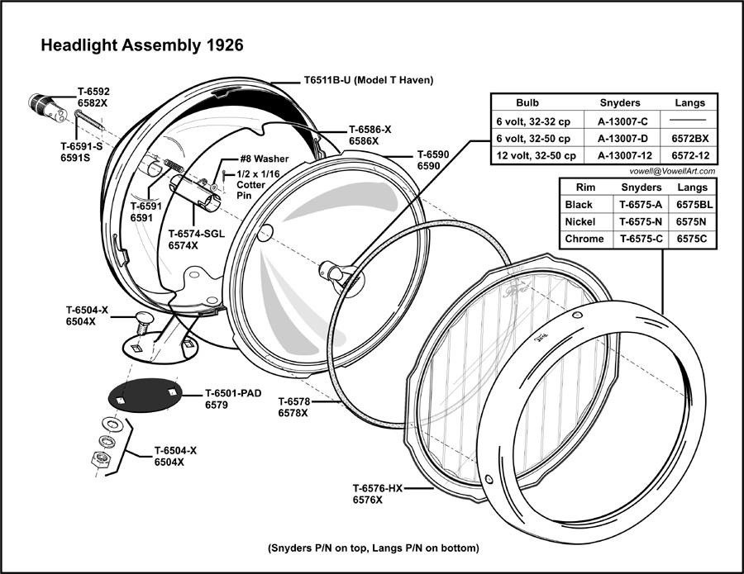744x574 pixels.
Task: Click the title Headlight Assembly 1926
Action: [x=141, y=45]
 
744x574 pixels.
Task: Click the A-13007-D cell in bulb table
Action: [x=618, y=139]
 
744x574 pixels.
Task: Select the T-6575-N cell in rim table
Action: [x=641, y=221]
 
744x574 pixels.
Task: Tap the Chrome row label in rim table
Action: [x=585, y=240]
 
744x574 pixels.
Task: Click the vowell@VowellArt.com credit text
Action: [x=671, y=171]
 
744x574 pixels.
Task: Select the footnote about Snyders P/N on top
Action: [x=374, y=548]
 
